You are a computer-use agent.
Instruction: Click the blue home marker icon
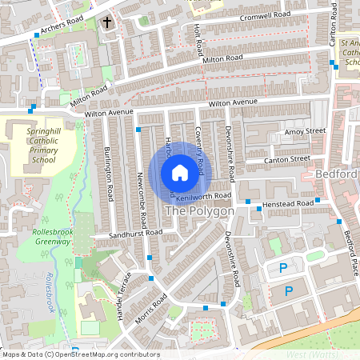[180, 172]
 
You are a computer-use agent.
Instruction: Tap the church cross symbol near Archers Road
[107, 24]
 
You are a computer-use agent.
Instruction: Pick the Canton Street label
[288, 159]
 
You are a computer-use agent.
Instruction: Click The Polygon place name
[199, 211]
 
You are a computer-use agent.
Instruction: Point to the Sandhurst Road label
[136, 234]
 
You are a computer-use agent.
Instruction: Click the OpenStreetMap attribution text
[80, 354]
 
